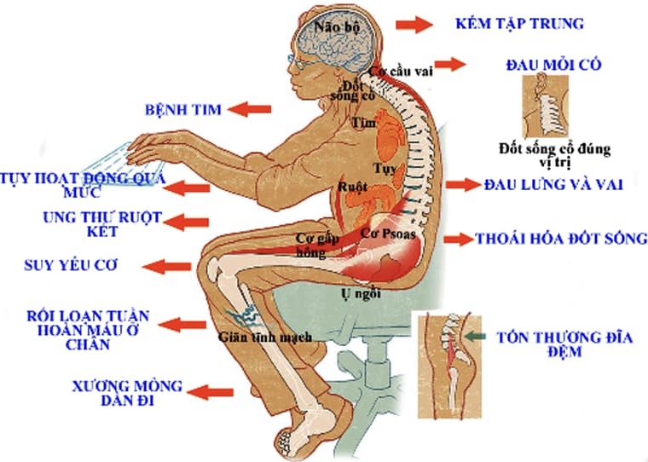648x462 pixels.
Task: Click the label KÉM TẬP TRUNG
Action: pos(519,23)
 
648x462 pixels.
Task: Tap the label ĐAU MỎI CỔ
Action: pos(553,65)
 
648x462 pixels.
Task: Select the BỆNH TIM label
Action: pos(183,109)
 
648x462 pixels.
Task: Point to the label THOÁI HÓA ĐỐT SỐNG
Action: pos(561,239)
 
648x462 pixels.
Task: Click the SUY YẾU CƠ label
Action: pos(71,265)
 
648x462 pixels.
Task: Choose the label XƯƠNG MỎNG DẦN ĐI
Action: pos(127,393)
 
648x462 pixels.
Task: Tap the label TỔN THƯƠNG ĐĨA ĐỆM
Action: pos(564,344)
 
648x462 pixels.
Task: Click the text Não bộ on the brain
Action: pos(338,27)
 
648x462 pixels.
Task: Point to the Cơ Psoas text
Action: pos(388,234)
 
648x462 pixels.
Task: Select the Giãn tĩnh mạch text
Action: pos(265,337)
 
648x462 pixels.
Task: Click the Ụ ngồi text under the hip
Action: pos(361,294)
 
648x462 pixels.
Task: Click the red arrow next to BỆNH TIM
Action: pos(249,109)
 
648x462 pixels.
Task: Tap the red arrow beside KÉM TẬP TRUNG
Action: pos(414,25)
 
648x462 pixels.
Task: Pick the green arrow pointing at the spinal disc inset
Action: pos(475,337)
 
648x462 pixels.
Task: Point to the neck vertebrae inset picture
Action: pos(545,107)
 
